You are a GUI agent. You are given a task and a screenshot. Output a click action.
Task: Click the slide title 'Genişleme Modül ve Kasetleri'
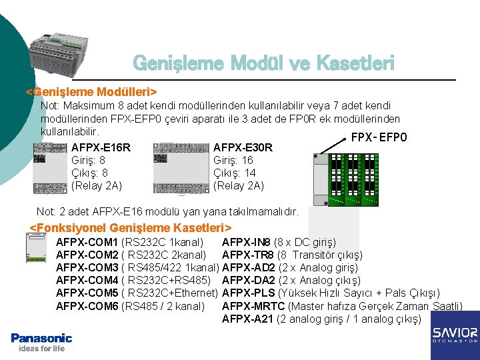[x=263, y=63]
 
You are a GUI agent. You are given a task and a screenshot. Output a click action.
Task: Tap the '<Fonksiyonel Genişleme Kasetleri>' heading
[x=131, y=229]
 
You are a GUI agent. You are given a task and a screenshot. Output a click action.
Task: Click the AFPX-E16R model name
[x=101, y=147]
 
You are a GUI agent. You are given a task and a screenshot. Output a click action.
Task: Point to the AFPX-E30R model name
[x=243, y=147]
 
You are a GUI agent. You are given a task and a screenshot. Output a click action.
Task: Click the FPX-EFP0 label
[x=379, y=138]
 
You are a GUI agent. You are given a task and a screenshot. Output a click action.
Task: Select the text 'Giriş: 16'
[x=233, y=161]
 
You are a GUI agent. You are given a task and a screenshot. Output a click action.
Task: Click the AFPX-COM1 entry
[x=87, y=242]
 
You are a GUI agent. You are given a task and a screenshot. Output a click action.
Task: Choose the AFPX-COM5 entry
[x=87, y=293]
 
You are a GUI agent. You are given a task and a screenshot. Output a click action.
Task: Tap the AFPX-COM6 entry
[x=87, y=306]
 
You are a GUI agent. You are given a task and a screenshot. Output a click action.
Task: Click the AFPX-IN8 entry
[x=246, y=242]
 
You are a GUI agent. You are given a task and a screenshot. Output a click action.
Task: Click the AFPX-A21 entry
[x=247, y=319]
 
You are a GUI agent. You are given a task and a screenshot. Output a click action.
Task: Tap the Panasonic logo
[x=41, y=338]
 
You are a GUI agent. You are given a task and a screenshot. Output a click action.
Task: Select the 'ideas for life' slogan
[x=42, y=349]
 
